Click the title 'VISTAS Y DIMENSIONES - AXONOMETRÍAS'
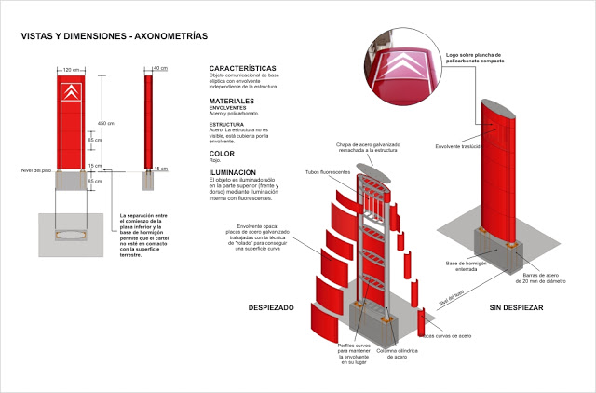coord(114,37)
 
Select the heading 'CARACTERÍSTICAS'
coord(242,69)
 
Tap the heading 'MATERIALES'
coord(233,100)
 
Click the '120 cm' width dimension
coord(70,69)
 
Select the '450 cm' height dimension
coord(105,124)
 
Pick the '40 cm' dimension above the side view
coord(160,69)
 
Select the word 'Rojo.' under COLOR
coord(216,161)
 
